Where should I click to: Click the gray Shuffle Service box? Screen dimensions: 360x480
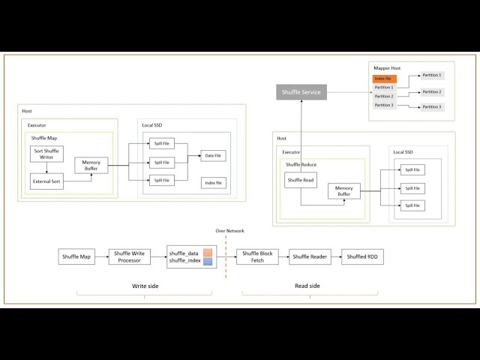click(x=301, y=92)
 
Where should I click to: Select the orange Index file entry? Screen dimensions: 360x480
click(x=383, y=79)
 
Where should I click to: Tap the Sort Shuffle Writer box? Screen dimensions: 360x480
click(x=46, y=154)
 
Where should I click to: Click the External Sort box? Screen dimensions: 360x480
click(x=46, y=181)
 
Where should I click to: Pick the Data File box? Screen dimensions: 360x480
click(x=212, y=156)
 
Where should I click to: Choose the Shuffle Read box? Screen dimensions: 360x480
click(x=301, y=180)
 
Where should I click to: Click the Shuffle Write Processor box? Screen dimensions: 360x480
click(x=130, y=257)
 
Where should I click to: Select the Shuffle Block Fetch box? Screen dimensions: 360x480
click(x=257, y=257)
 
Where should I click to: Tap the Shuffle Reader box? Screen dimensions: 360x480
click(x=310, y=257)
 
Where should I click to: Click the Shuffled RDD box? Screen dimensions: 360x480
click(x=362, y=257)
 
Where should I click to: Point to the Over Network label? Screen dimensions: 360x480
click(x=229, y=231)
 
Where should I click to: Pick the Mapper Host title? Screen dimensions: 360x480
click(x=387, y=68)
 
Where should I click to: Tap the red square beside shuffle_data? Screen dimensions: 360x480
click(x=208, y=253)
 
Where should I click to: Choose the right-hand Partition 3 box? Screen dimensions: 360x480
click(x=431, y=107)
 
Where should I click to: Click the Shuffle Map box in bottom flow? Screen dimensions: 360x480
click(x=75, y=257)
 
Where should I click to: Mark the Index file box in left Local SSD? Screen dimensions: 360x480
click(x=213, y=182)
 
